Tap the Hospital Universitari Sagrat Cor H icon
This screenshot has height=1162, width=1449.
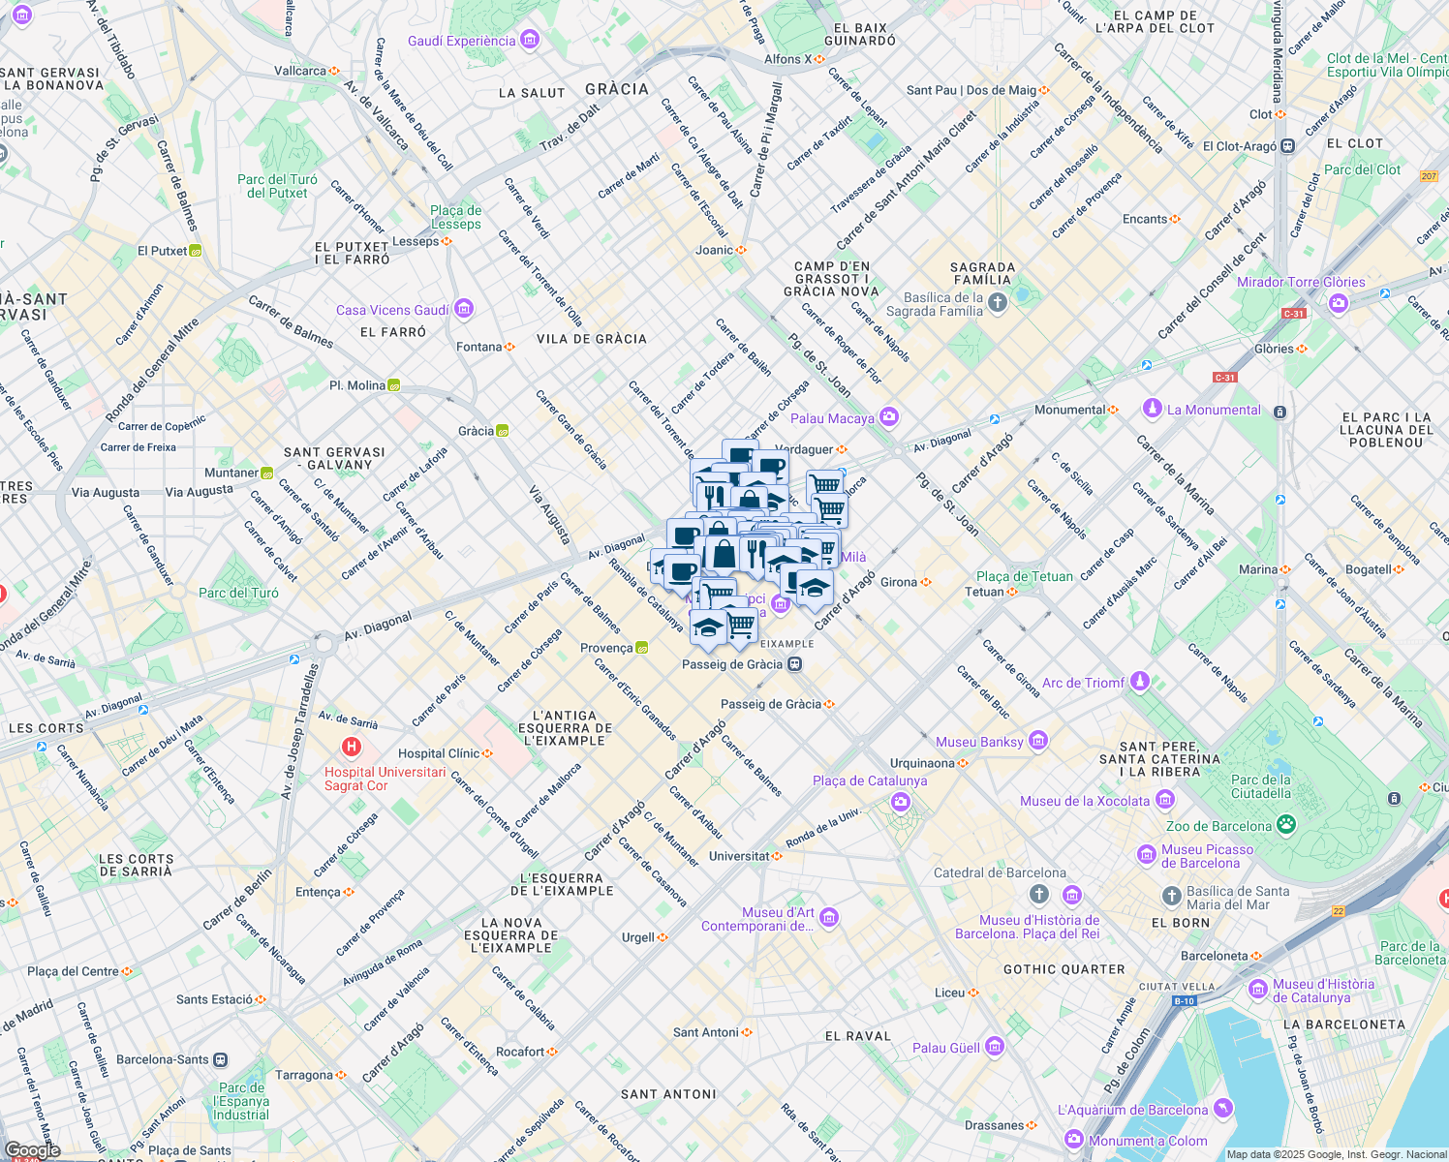coord(352,748)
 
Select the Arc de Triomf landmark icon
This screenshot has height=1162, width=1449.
coord(1140,682)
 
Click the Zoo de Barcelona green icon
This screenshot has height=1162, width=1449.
coord(1286,825)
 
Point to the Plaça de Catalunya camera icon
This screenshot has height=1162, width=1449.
coord(901,802)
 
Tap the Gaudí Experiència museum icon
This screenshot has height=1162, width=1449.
coord(529,40)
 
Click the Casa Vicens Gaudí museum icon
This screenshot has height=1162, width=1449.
coord(463,309)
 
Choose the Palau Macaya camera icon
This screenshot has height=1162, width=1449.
coord(889,417)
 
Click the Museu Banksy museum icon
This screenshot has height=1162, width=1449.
coord(1038,741)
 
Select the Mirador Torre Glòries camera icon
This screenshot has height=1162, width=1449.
coord(1339,303)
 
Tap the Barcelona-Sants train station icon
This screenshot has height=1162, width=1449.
coord(221,1059)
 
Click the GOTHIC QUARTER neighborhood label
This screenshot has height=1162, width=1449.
coord(1064,968)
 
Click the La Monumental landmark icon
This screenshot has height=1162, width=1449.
coord(1152,409)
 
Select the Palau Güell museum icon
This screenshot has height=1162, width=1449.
coord(994,1047)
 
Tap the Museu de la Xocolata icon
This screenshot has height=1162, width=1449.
coord(1165,800)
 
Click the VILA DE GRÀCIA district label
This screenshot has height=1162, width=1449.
coord(591,339)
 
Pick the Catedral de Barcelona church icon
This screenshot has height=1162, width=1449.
coord(1039,893)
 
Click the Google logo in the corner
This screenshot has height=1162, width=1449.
coord(32,1150)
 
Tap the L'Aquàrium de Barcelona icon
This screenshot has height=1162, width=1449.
coord(1223,1109)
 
